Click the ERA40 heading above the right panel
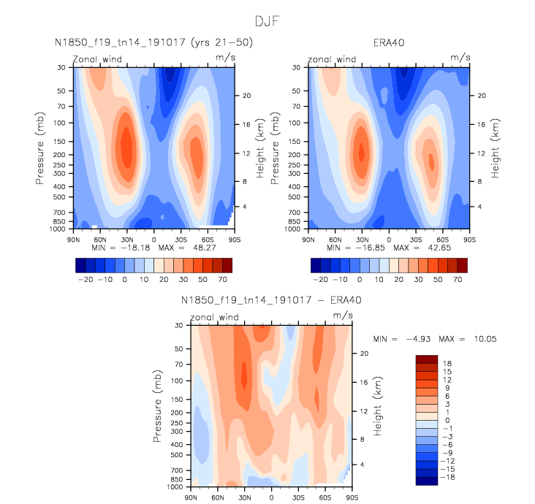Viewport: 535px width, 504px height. [388, 43]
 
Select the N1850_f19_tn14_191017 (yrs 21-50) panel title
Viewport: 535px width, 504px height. [154, 43]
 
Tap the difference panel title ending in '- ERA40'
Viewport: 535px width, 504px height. [271, 300]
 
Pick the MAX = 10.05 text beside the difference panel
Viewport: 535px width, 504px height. [460, 340]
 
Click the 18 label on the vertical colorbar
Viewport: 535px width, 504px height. [447, 364]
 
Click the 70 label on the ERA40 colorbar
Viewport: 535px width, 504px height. [457, 280]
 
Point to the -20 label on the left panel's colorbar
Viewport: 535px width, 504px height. [83, 280]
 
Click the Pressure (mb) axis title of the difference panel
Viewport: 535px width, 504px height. [158, 405]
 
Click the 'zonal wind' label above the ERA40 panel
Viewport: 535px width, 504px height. [332, 58]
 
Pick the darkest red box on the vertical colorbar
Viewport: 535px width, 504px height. [427, 359]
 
